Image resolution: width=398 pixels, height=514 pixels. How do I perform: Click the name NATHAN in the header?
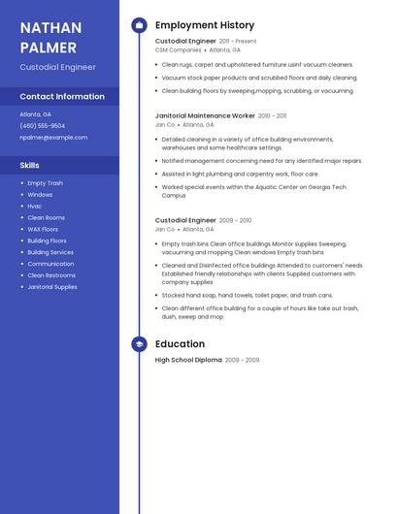[x=50, y=27]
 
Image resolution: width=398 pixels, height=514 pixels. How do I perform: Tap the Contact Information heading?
[x=62, y=97]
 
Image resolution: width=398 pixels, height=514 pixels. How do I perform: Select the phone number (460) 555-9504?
[x=43, y=126]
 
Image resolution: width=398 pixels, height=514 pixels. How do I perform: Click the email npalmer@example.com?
[x=53, y=138]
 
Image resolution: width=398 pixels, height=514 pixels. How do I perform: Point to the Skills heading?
[x=30, y=166]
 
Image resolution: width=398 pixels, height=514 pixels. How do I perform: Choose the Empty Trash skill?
[x=45, y=183]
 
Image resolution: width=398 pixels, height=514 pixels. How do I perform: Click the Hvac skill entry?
[x=35, y=207]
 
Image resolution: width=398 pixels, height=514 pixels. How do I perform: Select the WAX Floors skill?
[x=43, y=229]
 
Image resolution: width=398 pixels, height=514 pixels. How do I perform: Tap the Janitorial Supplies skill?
[x=52, y=287]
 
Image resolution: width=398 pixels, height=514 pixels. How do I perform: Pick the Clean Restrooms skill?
[x=51, y=275]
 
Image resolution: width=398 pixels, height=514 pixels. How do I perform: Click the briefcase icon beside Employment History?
[x=139, y=25]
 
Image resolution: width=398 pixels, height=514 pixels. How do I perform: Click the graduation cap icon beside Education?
[x=139, y=343]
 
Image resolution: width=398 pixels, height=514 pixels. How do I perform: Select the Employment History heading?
[x=205, y=25]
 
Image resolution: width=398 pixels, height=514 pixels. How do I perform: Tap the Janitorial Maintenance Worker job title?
[x=205, y=115]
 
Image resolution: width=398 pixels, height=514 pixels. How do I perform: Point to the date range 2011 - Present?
[x=238, y=42]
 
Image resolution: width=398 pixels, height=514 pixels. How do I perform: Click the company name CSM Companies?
[x=179, y=49]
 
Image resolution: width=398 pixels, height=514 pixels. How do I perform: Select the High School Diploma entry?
[x=188, y=360]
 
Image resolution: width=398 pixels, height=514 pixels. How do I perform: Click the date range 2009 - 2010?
[x=236, y=221]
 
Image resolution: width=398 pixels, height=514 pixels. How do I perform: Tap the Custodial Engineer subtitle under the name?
[x=57, y=67]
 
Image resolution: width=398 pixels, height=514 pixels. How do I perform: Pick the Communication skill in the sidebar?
[x=50, y=264]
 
